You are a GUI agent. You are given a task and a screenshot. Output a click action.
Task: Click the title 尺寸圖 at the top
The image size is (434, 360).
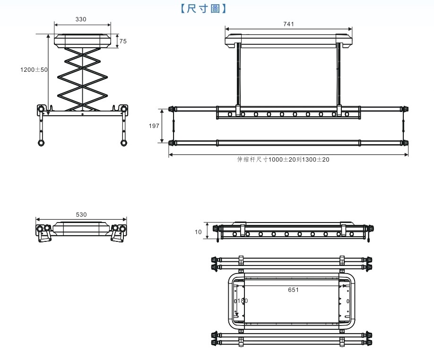tap(204, 8)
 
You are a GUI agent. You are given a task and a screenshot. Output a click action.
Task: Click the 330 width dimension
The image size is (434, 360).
tap(81, 19)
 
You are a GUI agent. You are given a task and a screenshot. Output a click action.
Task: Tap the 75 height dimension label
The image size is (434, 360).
tap(123, 41)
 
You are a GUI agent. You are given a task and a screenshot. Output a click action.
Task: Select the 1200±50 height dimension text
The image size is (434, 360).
tap(34, 69)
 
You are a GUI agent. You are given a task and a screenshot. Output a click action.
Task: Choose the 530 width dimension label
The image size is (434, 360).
tap(81, 214)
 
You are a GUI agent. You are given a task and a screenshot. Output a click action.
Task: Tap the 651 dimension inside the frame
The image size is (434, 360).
tap(293, 290)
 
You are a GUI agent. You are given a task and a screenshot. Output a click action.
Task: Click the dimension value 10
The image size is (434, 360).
tap(198, 231)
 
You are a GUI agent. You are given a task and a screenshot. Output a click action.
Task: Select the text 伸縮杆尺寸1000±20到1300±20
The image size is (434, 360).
tap(283, 160)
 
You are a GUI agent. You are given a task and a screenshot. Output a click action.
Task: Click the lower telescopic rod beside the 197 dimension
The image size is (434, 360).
tap(288, 142)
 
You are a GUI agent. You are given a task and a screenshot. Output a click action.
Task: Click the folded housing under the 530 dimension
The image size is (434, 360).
tap(81, 229)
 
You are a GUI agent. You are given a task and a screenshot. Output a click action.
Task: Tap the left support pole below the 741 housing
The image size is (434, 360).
tap(238, 78)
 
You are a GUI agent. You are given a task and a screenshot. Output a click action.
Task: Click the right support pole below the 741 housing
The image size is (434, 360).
tap(339, 78)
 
